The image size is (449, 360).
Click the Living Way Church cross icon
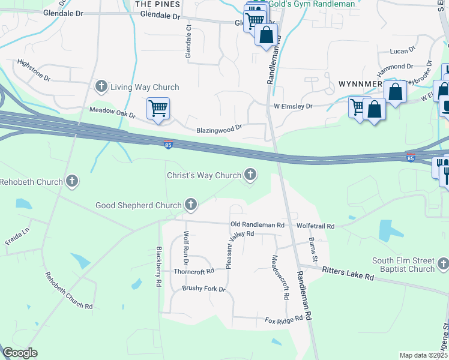(101, 87)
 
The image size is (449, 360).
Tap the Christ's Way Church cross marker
(250, 175)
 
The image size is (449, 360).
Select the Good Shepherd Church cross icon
(191, 205)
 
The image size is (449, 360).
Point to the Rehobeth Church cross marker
(72, 181)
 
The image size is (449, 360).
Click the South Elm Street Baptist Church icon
(443, 264)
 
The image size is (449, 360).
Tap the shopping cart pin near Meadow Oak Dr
(158, 109)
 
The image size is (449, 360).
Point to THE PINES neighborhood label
(157, 4)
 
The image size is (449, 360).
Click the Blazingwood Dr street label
(218, 128)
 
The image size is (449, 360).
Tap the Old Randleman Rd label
(257, 224)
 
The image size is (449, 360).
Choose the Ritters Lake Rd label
(348, 274)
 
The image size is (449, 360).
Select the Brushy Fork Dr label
(203, 289)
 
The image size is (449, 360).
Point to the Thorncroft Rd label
(193, 271)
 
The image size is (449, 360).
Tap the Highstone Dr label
(35, 70)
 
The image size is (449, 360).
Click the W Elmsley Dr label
(293, 106)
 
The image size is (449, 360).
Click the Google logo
(20, 353)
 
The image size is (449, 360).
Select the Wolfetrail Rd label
(315, 226)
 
